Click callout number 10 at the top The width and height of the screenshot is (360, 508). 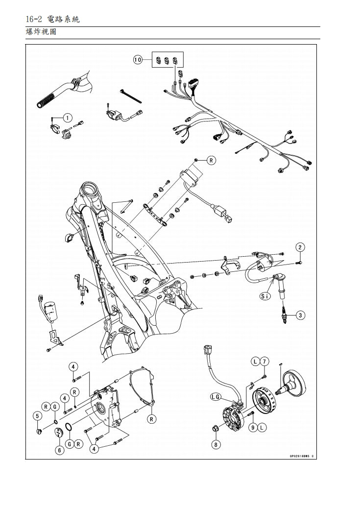pyautogui.click(x=138, y=59)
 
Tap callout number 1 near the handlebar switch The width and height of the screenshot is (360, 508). pyautogui.click(x=68, y=118)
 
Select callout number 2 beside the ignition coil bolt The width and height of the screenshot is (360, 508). pyautogui.click(x=300, y=247)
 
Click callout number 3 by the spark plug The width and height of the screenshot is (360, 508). pyautogui.click(x=300, y=315)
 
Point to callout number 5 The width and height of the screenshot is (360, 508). pyautogui.click(x=37, y=416)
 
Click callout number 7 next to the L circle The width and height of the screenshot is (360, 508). pyautogui.click(x=264, y=362)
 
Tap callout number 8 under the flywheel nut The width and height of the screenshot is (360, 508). pyautogui.click(x=216, y=444)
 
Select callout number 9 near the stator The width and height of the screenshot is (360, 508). pyautogui.click(x=253, y=427)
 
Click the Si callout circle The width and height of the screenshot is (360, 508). pyautogui.click(x=265, y=296)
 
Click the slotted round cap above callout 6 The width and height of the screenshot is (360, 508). pyautogui.click(x=59, y=433)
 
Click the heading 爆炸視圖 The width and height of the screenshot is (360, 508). pyautogui.click(x=41, y=33)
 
